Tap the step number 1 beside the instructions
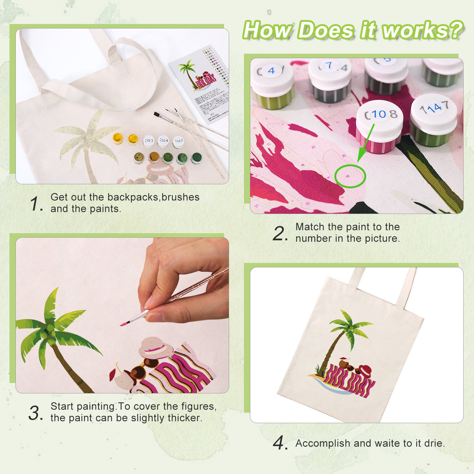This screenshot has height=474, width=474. click(35, 204)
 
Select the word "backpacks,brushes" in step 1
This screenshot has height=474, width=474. click(153, 197)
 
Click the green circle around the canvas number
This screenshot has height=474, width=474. click(350, 176)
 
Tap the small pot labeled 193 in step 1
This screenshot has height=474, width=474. click(149, 141)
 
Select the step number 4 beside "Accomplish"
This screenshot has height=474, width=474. click(279, 443)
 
